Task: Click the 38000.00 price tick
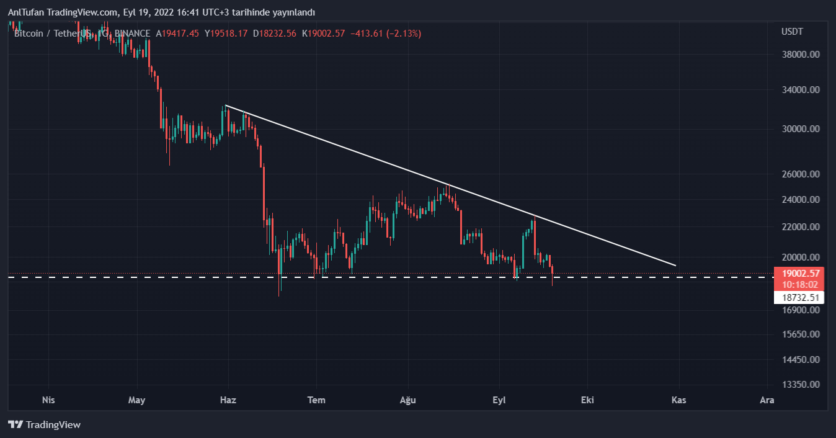coord(801,55)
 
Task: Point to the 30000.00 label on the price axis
coord(801,129)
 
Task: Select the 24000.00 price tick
coord(801,200)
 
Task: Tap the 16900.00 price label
coord(801,310)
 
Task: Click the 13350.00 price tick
coord(801,385)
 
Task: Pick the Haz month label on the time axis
coord(228,400)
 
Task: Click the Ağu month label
coord(407,400)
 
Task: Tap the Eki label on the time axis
coord(587,400)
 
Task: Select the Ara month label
coord(767,400)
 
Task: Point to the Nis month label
coord(48,400)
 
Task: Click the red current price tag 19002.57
coord(801,273)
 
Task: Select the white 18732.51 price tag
coord(801,298)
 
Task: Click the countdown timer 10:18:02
coord(801,284)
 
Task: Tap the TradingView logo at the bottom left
coord(45,425)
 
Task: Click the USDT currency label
coord(792,32)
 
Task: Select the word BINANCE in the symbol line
coord(133,34)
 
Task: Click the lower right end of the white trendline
coord(675,266)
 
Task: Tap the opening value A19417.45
coord(177,34)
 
